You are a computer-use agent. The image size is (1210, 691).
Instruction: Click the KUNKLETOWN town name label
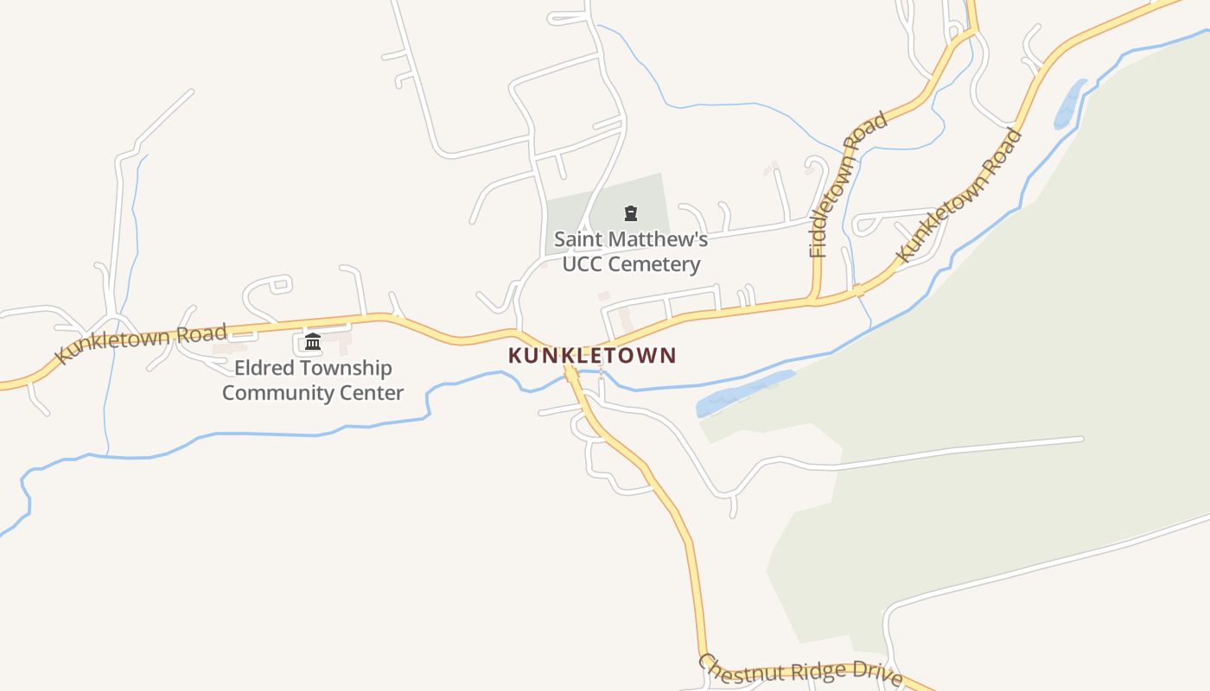(x=592, y=355)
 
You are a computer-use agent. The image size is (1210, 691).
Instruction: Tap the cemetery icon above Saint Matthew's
(x=631, y=213)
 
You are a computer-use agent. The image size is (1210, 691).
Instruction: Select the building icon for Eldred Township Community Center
(x=313, y=343)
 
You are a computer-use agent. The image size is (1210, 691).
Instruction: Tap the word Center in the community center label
(x=373, y=393)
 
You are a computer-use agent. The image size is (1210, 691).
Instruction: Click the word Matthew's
(x=657, y=238)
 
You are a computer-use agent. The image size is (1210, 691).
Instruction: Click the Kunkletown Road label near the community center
(x=141, y=342)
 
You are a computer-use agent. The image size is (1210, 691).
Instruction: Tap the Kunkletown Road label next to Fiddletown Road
(x=958, y=195)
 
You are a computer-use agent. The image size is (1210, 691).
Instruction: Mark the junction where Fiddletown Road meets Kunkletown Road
(x=815, y=300)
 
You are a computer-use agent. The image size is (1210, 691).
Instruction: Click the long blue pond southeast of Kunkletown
(x=745, y=393)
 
